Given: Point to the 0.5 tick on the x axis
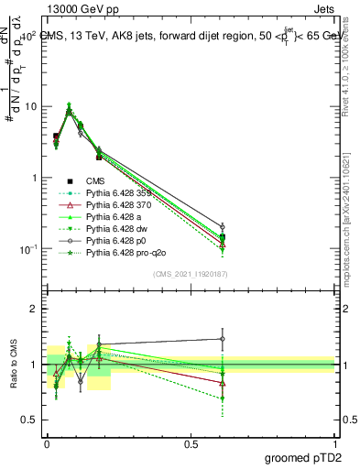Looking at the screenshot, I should pos(191,442).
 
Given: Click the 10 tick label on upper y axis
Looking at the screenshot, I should pos(31,106).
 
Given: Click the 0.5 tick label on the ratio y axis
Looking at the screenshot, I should pos(30,420).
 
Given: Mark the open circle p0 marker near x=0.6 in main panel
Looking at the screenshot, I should pos(223,226).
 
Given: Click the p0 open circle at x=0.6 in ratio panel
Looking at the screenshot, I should pos(223,339).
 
